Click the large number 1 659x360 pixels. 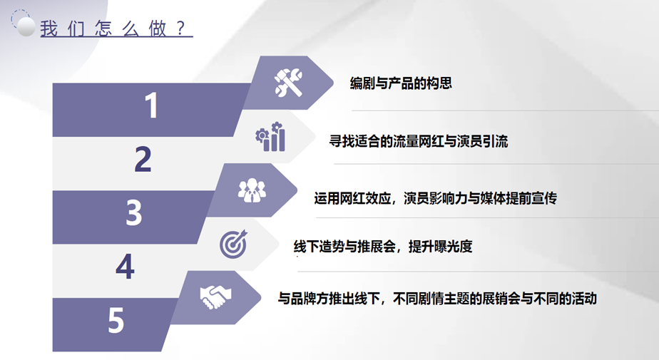(151, 106)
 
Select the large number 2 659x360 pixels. (143, 159)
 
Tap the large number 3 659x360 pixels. (134, 212)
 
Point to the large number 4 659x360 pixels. (126, 267)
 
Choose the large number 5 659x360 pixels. (116, 320)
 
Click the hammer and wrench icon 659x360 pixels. (288, 82)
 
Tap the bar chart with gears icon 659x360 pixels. (270, 137)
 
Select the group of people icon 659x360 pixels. (252, 190)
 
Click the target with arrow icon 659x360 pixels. (234, 244)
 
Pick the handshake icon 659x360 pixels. (215, 297)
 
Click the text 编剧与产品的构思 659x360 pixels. (401, 83)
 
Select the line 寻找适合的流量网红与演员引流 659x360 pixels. (419, 141)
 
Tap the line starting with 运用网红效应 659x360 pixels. (435, 198)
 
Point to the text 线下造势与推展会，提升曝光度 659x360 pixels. (383, 246)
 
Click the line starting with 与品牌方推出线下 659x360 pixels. (437, 299)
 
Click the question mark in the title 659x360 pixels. (180, 28)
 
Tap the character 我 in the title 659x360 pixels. (48, 29)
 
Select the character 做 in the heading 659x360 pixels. (158, 29)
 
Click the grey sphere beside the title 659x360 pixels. (26, 27)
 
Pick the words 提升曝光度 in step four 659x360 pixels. (441, 246)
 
